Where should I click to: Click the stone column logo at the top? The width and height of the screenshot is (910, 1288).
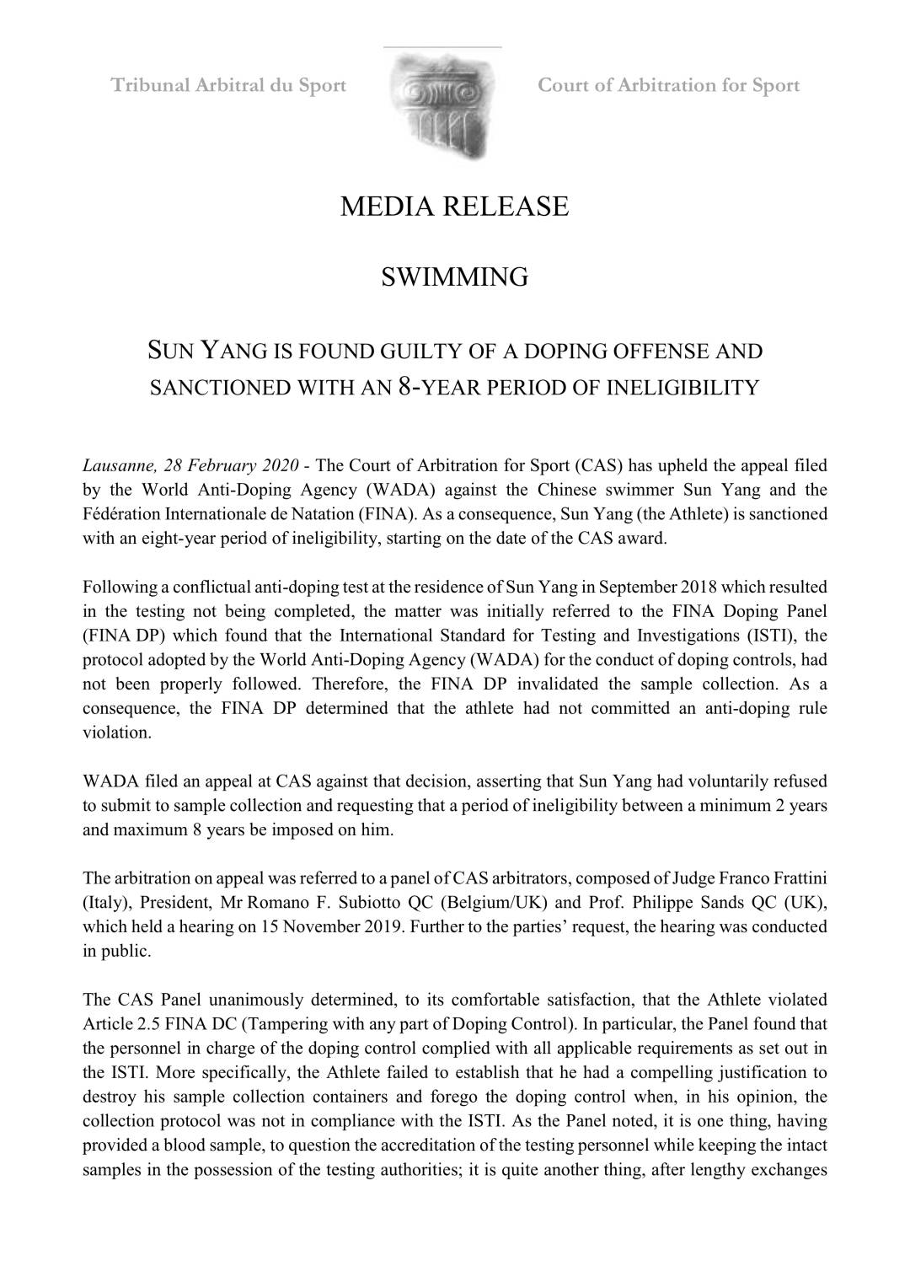pyautogui.click(x=442, y=106)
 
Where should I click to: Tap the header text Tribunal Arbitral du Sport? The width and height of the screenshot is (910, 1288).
pyautogui.click(x=229, y=85)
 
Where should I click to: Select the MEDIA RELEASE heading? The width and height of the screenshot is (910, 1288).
pyautogui.click(x=454, y=207)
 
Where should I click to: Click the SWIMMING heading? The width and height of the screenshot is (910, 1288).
pyautogui.click(x=454, y=276)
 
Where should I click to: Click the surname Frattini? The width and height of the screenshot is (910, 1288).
pyautogui.click(x=794, y=879)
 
